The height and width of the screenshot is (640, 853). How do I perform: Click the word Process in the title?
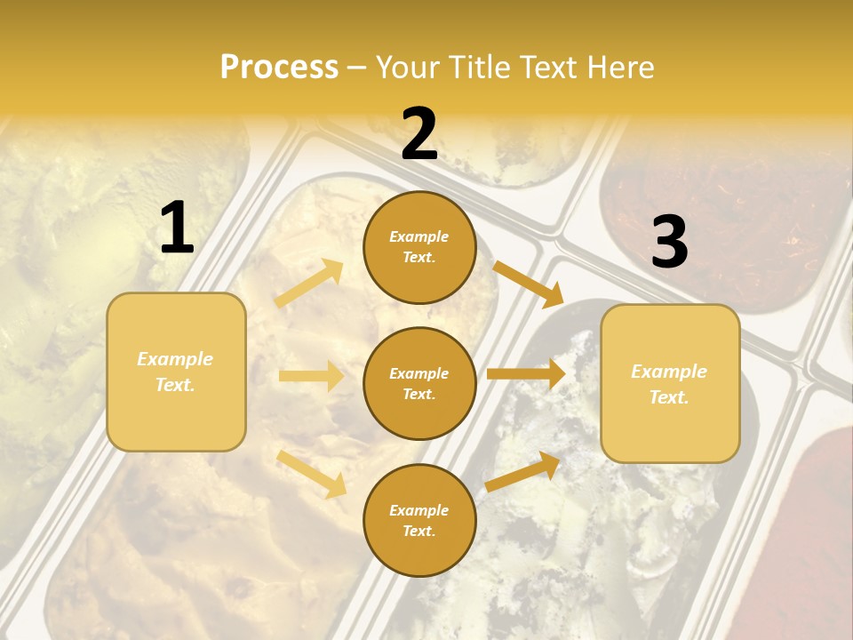279,67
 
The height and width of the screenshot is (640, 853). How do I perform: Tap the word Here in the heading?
618,67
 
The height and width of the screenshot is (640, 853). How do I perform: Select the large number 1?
177,228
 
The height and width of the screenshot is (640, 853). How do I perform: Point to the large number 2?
419,134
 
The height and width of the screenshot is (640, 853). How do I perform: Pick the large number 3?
669,242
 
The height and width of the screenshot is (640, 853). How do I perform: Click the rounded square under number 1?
176,372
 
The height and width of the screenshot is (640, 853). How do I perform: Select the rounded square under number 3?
670,383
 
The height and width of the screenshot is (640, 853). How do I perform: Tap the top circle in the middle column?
419,247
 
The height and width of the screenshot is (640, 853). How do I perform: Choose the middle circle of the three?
419,383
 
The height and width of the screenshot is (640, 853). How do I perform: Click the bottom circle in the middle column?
419,520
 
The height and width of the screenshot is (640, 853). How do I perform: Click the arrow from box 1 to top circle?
309,284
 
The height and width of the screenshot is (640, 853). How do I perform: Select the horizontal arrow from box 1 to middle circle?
311,376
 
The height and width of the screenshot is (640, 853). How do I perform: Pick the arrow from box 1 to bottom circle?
311,473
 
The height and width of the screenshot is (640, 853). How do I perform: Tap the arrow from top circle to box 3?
528,283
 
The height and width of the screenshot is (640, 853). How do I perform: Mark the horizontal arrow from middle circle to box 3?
525,374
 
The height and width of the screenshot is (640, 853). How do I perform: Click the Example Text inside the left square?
175,372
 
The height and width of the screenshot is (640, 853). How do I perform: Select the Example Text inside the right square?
669,384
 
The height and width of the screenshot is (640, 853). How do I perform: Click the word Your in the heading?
407,67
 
